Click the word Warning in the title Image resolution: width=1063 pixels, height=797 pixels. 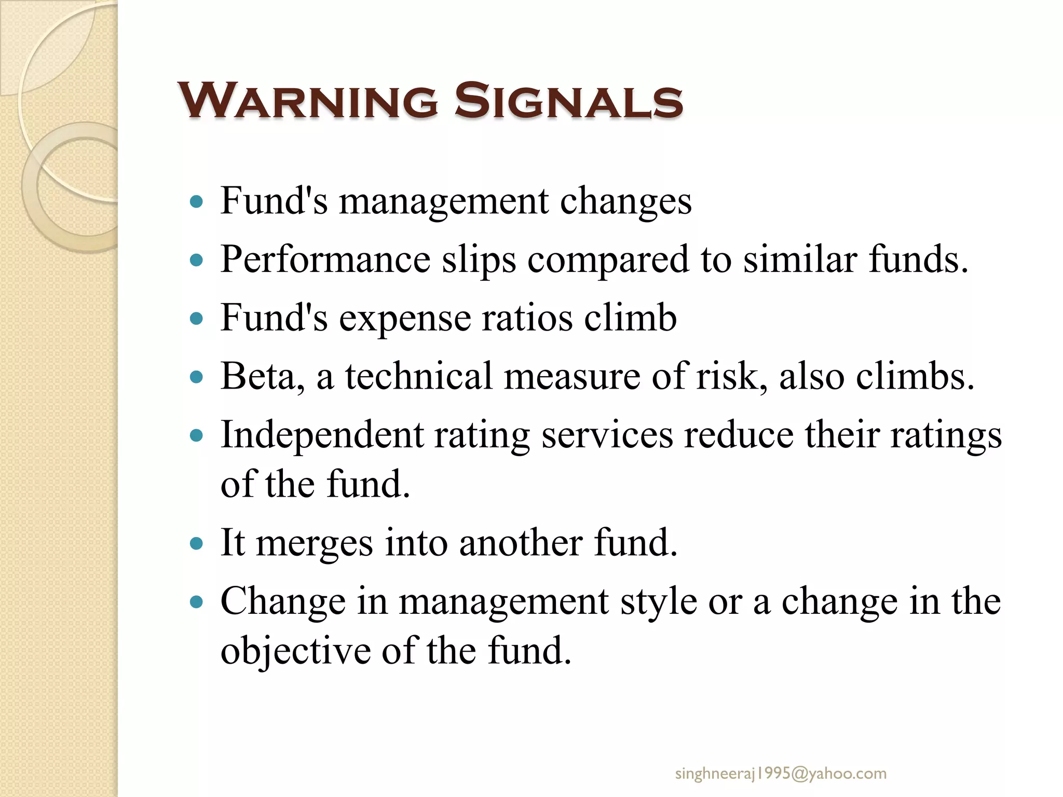(x=308, y=101)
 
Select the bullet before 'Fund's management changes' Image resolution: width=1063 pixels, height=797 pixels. (x=196, y=202)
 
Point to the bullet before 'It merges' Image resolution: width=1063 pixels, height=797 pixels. (x=196, y=544)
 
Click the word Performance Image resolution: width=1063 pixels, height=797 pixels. (x=325, y=259)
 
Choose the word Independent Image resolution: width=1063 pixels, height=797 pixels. (x=322, y=435)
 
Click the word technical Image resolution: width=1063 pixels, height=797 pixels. (x=418, y=376)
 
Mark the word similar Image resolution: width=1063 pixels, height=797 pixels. (x=800, y=259)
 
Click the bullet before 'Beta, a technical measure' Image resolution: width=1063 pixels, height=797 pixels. (x=196, y=377)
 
